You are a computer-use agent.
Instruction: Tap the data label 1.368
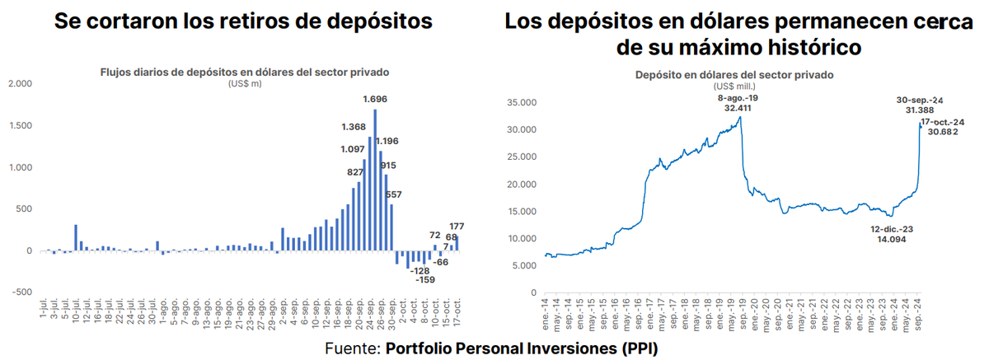[x=354, y=128]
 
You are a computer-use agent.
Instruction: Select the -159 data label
[x=425, y=279]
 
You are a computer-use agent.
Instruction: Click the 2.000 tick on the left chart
[x=18, y=84]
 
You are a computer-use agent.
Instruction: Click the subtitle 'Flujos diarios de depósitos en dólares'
[x=244, y=72]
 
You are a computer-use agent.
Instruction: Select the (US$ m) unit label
[x=244, y=83]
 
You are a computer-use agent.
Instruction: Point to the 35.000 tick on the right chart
[x=521, y=103]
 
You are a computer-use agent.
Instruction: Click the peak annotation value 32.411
[x=740, y=107]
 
